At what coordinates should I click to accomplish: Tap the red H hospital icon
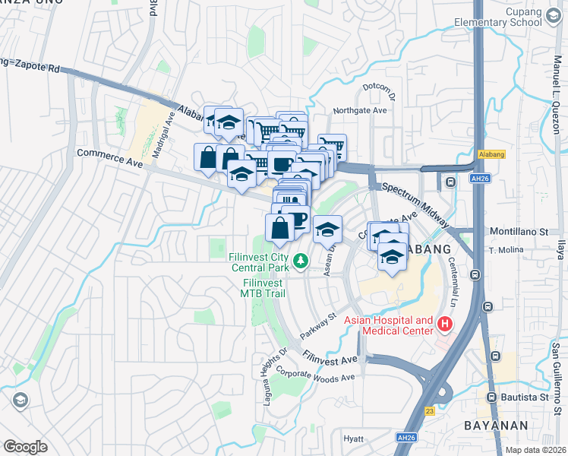click(x=445, y=325)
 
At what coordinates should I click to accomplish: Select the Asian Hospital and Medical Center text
click(x=388, y=325)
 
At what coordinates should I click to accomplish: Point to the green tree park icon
click(x=301, y=261)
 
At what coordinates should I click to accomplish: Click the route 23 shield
click(x=430, y=410)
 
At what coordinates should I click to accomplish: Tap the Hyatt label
click(x=353, y=439)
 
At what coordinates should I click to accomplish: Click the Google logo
click(x=25, y=446)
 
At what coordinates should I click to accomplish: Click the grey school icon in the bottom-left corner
click(x=20, y=399)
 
